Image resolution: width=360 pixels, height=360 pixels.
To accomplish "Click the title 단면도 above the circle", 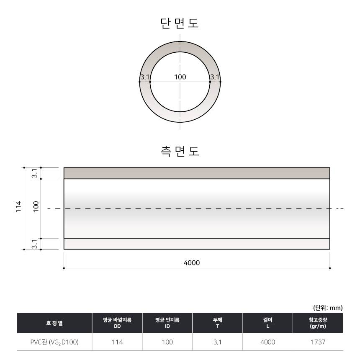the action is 179,23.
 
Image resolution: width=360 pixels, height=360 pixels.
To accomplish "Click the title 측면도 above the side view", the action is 180,151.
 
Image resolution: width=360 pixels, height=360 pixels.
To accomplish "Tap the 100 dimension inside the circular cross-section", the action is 180,77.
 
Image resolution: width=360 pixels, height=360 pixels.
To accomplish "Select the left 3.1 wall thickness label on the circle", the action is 145,77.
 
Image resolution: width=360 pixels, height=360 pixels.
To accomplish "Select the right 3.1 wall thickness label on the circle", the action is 215,77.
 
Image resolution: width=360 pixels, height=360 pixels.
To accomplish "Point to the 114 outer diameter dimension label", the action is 18,207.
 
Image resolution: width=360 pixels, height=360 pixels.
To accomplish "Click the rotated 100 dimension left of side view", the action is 36,207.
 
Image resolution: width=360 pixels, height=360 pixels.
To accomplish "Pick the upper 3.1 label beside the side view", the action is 34,173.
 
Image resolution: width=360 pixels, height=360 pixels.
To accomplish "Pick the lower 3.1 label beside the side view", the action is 34,244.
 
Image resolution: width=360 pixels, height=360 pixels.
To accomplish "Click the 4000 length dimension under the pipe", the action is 191,262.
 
